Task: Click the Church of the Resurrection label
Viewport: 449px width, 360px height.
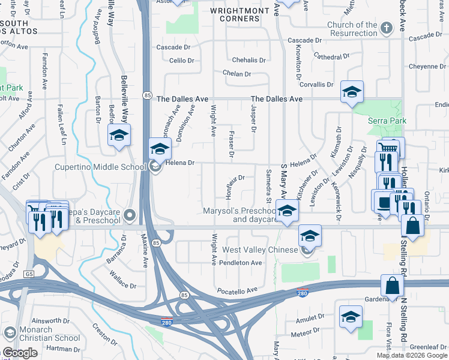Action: [x=352, y=29]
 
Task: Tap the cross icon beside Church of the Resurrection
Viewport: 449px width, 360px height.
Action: [x=387, y=28]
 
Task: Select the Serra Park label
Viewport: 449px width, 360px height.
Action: [x=387, y=121]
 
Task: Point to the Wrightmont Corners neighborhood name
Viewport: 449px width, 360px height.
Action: [x=235, y=14]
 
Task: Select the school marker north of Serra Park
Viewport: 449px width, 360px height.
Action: [x=352, y=91]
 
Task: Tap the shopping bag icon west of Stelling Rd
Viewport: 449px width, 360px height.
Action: [x=413, y=226]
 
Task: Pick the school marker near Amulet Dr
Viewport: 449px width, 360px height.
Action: [x=351, y=317]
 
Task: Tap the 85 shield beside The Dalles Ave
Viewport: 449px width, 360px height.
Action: [x=147, y=96]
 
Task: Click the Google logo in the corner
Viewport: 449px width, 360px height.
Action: [x=20, y=353]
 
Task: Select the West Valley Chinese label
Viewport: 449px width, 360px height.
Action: [x=260, y=250]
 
